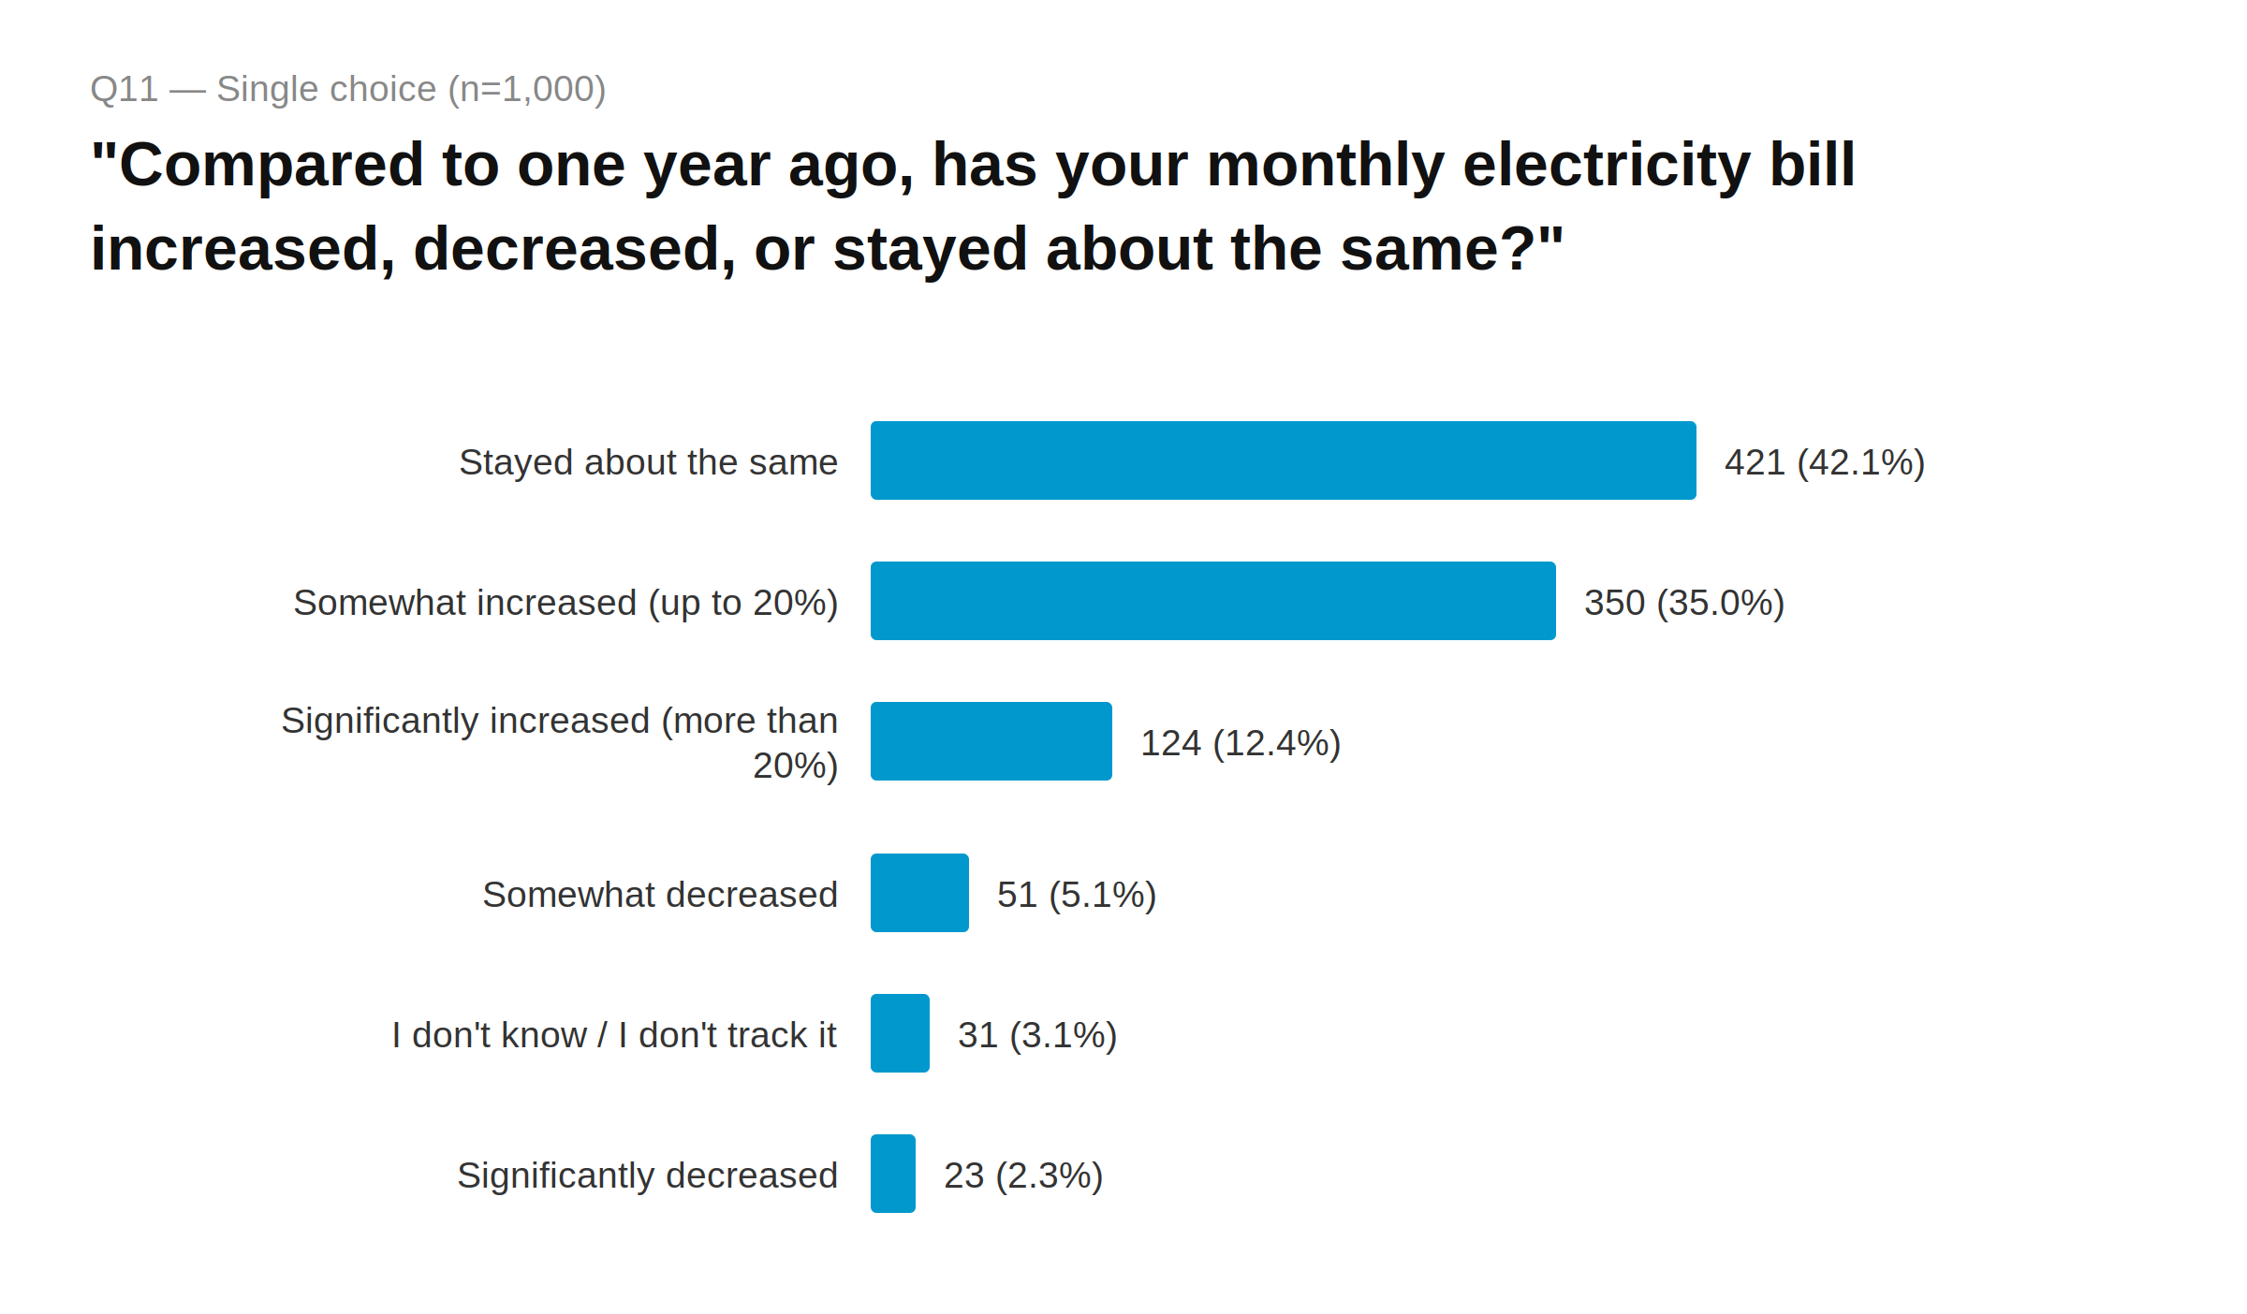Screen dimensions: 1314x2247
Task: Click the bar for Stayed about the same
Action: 1283,460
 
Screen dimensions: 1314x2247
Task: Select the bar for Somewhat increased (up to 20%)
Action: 1212,601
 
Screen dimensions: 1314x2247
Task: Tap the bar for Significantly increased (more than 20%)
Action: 991,741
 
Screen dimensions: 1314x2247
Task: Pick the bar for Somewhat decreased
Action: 919,893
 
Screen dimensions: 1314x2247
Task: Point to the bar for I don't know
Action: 900,1033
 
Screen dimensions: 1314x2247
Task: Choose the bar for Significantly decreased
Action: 892,1174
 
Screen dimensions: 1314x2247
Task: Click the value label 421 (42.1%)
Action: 1824,462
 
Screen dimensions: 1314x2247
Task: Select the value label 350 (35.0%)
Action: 1683,603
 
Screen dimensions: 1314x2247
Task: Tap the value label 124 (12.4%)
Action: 1240,743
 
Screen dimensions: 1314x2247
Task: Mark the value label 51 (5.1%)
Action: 1076,895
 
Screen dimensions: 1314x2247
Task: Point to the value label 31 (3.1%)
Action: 1036,1035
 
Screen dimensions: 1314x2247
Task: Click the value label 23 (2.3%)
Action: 1022,1175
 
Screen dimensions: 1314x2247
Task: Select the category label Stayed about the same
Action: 648,462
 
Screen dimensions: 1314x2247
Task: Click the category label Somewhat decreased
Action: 659,895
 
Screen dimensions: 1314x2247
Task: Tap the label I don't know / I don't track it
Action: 614,1035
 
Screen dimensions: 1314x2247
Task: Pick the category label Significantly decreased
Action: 647,1175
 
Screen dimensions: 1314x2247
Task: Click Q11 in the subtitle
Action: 124,89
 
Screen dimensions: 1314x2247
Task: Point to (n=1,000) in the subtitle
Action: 526,89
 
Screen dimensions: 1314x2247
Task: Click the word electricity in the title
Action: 1606,165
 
